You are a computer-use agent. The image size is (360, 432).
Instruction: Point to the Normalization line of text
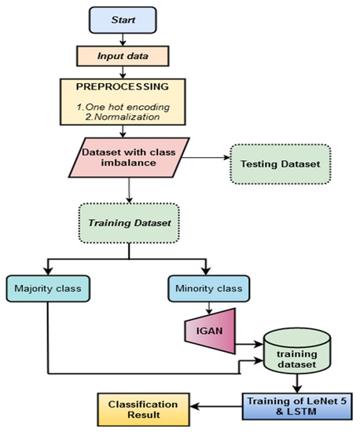130,115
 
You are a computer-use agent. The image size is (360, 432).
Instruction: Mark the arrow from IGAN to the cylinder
248,343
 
